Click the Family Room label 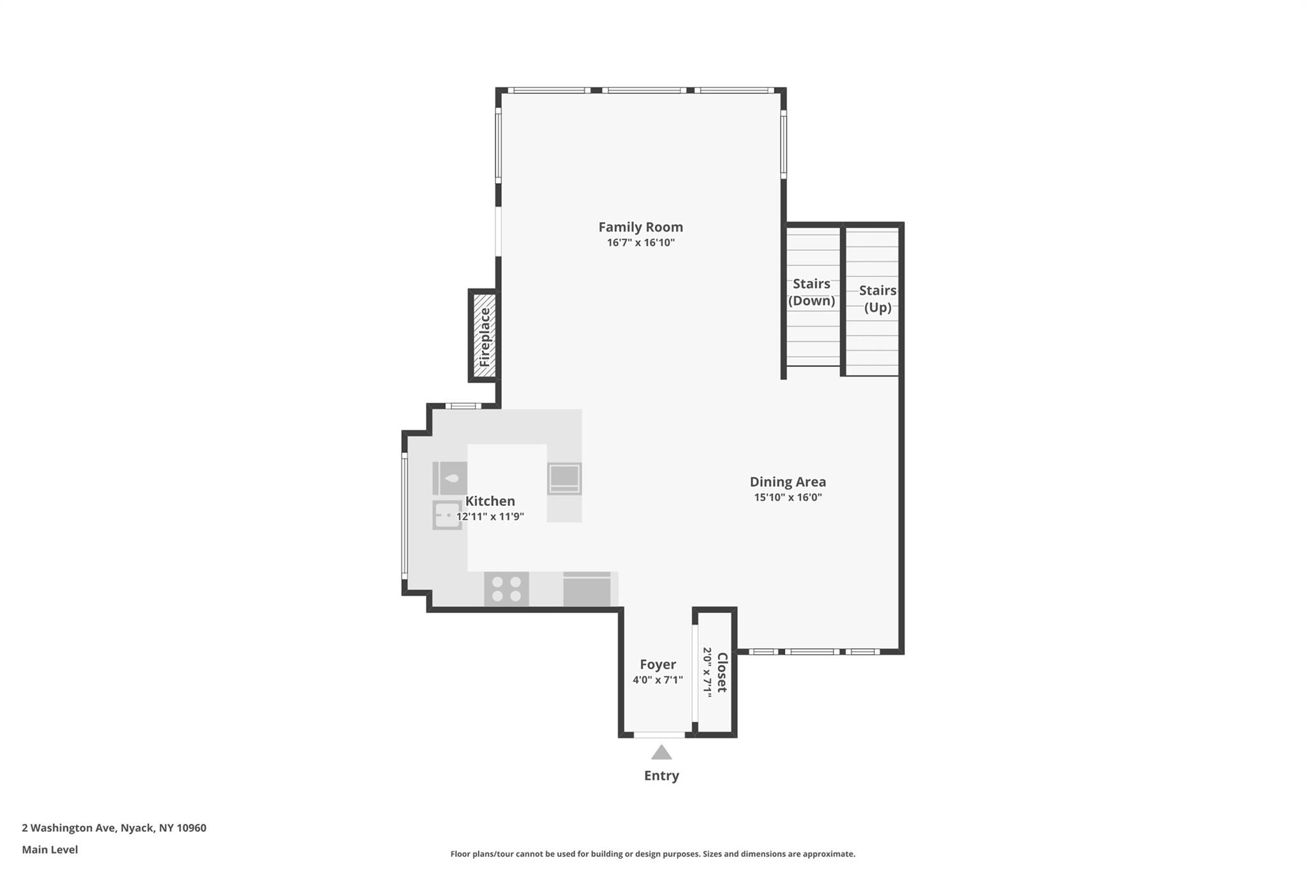pyautogui.click(x=640, y=227)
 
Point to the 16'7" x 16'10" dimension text pyautogui.click(x=640, y=243)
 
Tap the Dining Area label pyautogui.click(x=788, y=482)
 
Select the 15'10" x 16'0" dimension pyautogui.click(x=788, y=498)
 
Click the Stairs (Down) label pyautogui.click(x=811, y=292)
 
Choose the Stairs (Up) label pyautogui.click(x=877, y=299)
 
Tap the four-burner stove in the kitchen pyautogui.click(x=506, y=588)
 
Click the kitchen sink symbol pyautogui.click(x=448, y=515)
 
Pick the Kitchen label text pyautogui.click(x=490, y=502)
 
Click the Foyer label pyautogui.click(x=657, y=665)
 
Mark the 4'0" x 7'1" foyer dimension pyautogui.click(x=657, y=680)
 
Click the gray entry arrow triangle pyautogui.click(x=661, y=753)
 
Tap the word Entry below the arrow pyautogui.click(x=661, y=776)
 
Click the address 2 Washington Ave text pyautogui.click(x=114, y=828)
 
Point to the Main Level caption pyautogui.click(x=50, y=850)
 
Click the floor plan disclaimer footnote pyautogui.click(x=652, y=854)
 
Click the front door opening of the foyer pyautogui.click(x=659, y=735)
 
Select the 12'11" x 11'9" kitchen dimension pyautogui.click(x=490, y=517)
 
